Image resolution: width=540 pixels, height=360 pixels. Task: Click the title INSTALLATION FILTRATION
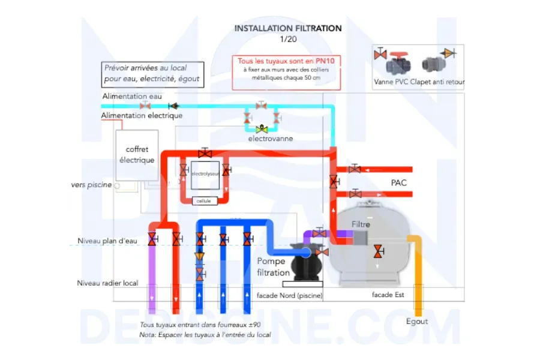pyautogui.click(x=288, y=28)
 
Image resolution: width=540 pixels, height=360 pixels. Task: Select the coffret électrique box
pyautogui.click(x=137, y=155)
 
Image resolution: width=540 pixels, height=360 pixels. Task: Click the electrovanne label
pyautogui.click(x=271, y=139)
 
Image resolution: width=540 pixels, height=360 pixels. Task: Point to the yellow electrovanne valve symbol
pyautogui.click(x=262, y=128)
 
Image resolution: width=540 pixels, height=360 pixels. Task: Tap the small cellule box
pyautogui.click(x=203, y=201)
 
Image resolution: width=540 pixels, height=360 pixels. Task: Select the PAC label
pyautogui.click(x=398, y=182)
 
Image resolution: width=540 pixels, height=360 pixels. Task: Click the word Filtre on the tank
pyautogui.click(x=361, y=224)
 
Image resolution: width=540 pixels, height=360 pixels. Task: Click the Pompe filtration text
pyautogui.click(x=273, y=267)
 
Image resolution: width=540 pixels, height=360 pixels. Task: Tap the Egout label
pyautogui.click(x=417, y=322)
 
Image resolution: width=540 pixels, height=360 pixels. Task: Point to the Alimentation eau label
pyautogui.click(x=132, y=96)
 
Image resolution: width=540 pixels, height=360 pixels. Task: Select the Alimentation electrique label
pyautogui.click(x=142, y=115)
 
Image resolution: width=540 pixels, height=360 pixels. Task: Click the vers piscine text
pyautogui.click(x=91, y=185)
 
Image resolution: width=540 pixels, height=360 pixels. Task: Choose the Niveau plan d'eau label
pyautogui.click(x=107, y=241)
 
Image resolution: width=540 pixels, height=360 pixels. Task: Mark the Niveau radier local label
pyautogui.click(x=107, y=283)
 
